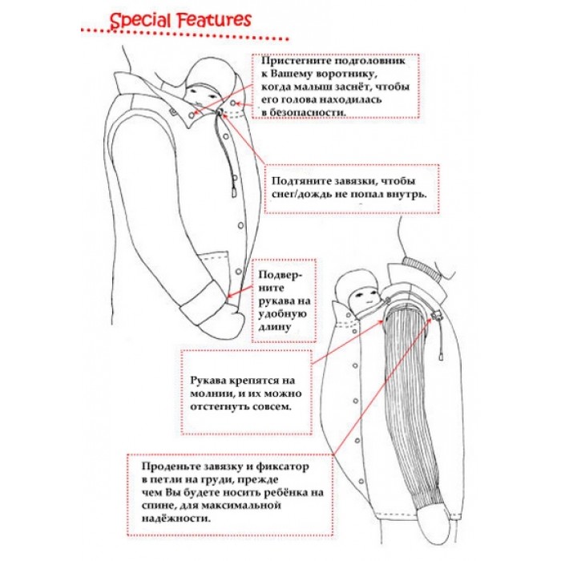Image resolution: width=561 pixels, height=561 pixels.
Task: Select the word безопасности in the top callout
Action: (309, 113)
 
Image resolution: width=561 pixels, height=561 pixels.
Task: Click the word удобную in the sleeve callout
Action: (275, 315)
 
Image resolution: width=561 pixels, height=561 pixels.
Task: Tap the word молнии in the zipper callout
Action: (212, 392)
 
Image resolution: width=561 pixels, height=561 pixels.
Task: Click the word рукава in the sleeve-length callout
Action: (275, 301)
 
